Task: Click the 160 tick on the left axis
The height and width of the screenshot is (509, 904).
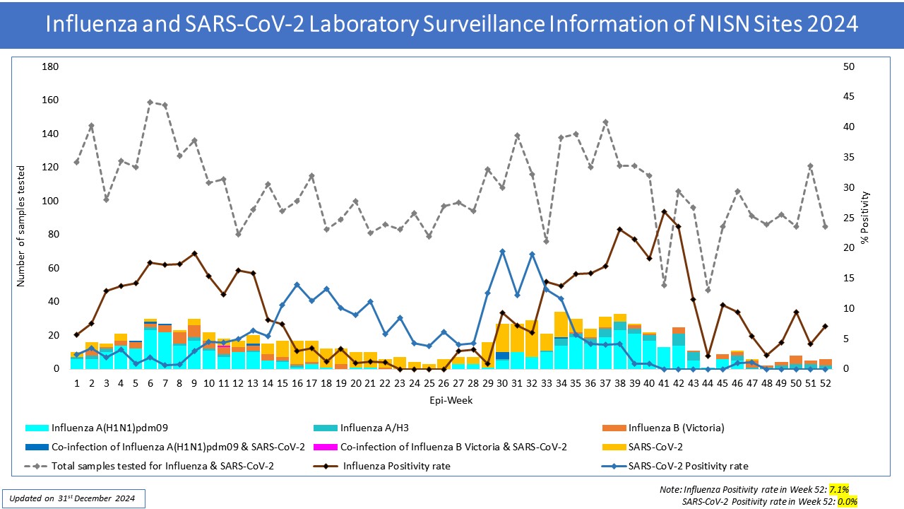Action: tap(51, 100)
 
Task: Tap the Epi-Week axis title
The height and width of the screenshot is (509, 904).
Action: tap(451, 400)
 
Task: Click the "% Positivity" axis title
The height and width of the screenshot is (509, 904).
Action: tap(866, 218)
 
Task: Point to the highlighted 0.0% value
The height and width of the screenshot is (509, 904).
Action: tap(847, 501)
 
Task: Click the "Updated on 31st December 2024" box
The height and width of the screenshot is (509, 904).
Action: tap(73, 498)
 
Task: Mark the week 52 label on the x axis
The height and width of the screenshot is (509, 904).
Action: tap(824, 382)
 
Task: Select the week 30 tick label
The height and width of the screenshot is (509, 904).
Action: tap(502, 382)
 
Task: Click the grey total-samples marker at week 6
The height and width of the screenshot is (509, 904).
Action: tap(150, 102)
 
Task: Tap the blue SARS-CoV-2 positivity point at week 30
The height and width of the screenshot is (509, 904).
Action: tap(502, 251)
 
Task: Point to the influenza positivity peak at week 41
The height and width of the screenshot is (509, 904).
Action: tap(664, 212)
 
